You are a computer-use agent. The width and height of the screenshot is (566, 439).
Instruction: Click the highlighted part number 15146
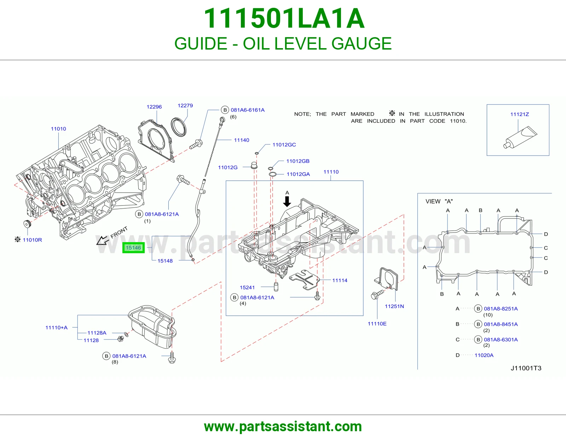[133, 248]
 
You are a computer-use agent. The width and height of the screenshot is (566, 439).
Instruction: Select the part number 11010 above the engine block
[58, 129]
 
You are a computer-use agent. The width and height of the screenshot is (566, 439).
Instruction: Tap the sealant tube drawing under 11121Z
[520, 138]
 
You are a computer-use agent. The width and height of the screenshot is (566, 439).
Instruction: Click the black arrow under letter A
[287, 201]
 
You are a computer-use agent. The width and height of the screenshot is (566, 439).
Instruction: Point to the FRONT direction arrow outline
[103, 240]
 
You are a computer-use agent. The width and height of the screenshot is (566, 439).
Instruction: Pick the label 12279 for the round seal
[185, 106]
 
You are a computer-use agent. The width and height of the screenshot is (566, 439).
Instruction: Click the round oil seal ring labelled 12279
[179, 127]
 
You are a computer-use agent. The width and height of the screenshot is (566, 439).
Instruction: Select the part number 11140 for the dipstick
[242, 140]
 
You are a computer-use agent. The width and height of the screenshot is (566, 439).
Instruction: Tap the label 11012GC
[284, 145]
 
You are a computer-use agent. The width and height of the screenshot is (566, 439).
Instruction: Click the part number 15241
[247, 287]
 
